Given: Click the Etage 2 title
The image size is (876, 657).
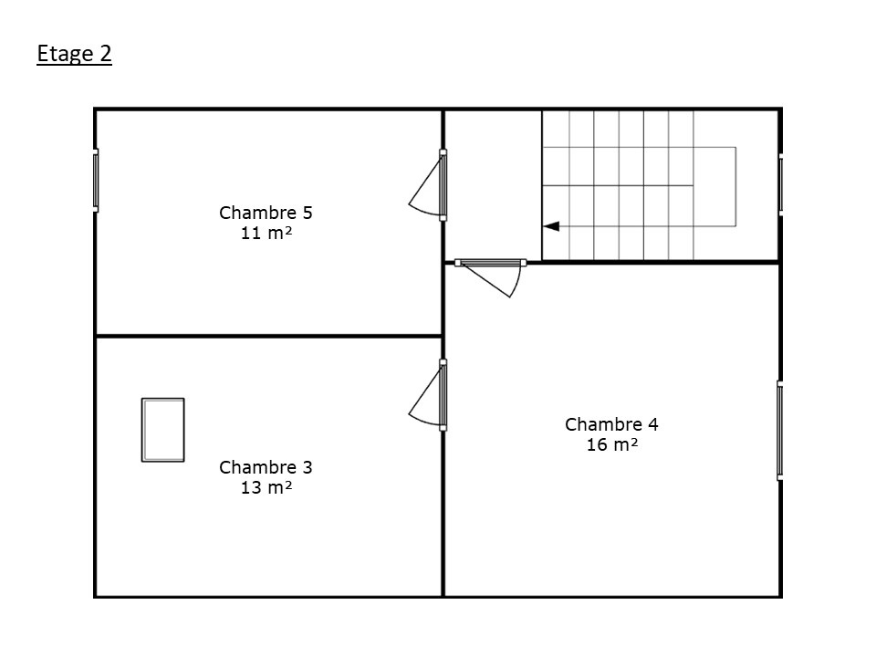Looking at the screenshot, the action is [74, 54].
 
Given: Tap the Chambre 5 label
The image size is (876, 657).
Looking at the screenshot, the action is [266, 213].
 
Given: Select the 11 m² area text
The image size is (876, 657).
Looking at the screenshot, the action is [266, 233].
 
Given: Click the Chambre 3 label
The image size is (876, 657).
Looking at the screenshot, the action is [266, 467].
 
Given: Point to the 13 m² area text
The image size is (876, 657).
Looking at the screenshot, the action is [266, 487].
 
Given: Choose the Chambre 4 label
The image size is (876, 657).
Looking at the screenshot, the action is [611, 424].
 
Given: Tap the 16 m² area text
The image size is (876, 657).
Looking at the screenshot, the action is [611, 444].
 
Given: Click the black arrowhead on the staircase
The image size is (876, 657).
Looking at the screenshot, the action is [551, 226].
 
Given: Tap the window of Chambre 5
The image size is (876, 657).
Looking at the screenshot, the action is [96, 181].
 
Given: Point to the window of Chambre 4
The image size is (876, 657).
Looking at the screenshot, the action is [780, 430].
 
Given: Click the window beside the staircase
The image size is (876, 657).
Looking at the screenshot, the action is [780, 184].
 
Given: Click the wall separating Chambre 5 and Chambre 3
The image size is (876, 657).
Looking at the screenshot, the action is [268, 336].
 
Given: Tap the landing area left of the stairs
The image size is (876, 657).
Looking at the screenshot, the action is [493, 184].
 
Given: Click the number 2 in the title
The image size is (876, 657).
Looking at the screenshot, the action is [106, 54].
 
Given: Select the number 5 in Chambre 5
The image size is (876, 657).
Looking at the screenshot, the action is [308, 213].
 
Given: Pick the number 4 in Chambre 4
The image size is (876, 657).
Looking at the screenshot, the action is [653, 424].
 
